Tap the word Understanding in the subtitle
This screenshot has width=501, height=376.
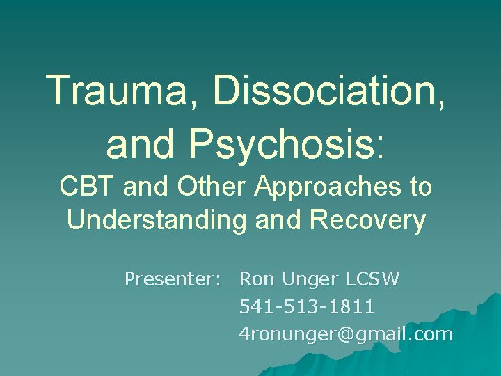pos(157,220)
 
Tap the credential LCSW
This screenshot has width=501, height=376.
pos(374,280)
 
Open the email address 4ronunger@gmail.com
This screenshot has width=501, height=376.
pos(346,334)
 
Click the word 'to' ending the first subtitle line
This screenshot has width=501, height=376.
pos(421,187)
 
